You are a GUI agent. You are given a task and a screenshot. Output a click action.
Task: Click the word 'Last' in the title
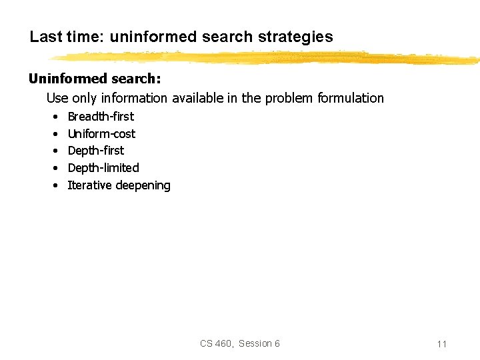[45, 37]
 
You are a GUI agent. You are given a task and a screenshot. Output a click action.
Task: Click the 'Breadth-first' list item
[101, 117]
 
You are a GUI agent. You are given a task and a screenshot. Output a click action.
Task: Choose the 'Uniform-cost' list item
[101, 134]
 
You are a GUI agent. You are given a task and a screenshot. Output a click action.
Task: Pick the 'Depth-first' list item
[96, 151]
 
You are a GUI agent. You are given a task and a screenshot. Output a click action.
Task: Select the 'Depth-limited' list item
[103, 168]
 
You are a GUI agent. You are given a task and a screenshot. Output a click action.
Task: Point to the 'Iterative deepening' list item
[119, 185]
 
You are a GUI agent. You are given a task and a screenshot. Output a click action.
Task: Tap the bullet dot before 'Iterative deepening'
[53, 186]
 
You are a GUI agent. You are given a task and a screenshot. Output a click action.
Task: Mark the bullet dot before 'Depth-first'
[53, 151]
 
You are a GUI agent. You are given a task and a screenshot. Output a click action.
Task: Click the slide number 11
[441, 344]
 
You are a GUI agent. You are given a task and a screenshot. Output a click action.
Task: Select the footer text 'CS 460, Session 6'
[240, 343]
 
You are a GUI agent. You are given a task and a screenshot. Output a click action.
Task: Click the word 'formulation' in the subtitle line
[351, 99]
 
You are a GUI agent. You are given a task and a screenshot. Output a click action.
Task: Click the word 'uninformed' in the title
[145, 37]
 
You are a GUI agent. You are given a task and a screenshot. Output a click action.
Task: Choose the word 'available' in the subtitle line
[198, 99]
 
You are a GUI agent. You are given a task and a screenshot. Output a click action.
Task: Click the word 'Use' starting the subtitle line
[57, 99]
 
